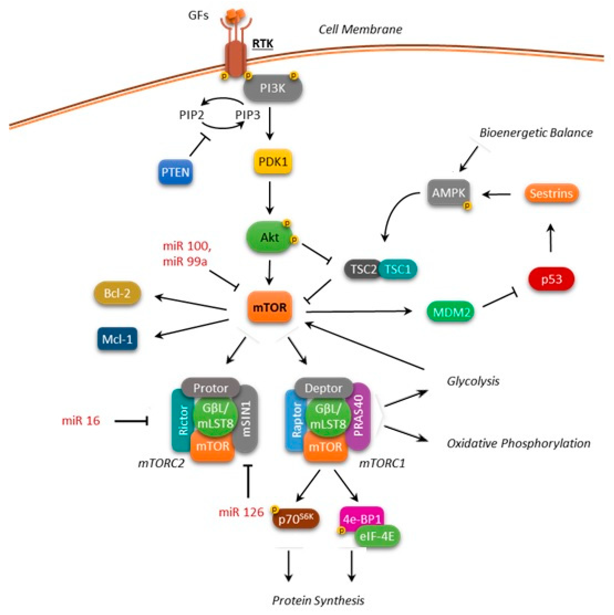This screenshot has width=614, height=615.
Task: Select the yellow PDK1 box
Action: [273, 162]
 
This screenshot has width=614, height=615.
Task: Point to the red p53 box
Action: [552, 279]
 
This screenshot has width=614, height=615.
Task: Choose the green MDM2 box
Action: [450, 312]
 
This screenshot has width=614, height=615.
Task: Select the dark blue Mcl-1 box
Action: [117, 339]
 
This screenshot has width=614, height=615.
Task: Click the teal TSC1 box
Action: [398, 269]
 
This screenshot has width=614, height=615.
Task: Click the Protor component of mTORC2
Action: [211, 388]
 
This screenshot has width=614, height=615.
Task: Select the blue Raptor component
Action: [296, 420]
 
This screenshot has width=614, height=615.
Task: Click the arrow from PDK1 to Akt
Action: [270, 198]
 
